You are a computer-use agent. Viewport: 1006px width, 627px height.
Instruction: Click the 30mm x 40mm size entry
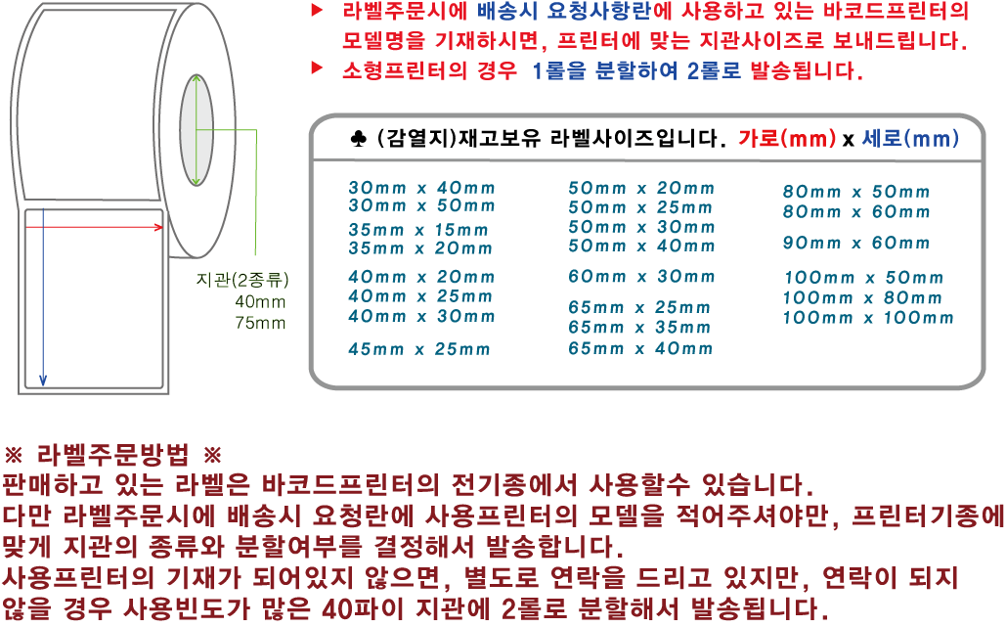[x=421, y=187]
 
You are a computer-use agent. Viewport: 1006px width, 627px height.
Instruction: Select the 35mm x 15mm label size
[x=417, y=230]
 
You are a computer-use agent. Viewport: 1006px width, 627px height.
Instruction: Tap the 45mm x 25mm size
[x=418, y=349]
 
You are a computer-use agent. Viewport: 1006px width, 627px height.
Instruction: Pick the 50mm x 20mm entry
[x=641, y=188]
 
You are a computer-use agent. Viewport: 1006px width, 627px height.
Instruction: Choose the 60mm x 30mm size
[x=641, y=277]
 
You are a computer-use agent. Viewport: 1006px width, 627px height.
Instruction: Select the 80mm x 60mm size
[x=856, y=211]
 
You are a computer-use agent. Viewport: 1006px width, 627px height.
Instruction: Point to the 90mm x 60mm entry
[x=856, y=243]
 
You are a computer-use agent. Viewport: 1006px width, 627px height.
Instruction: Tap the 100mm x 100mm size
[x=868, y=317]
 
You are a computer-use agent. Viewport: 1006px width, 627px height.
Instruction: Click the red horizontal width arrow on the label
[x=94, y=227]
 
